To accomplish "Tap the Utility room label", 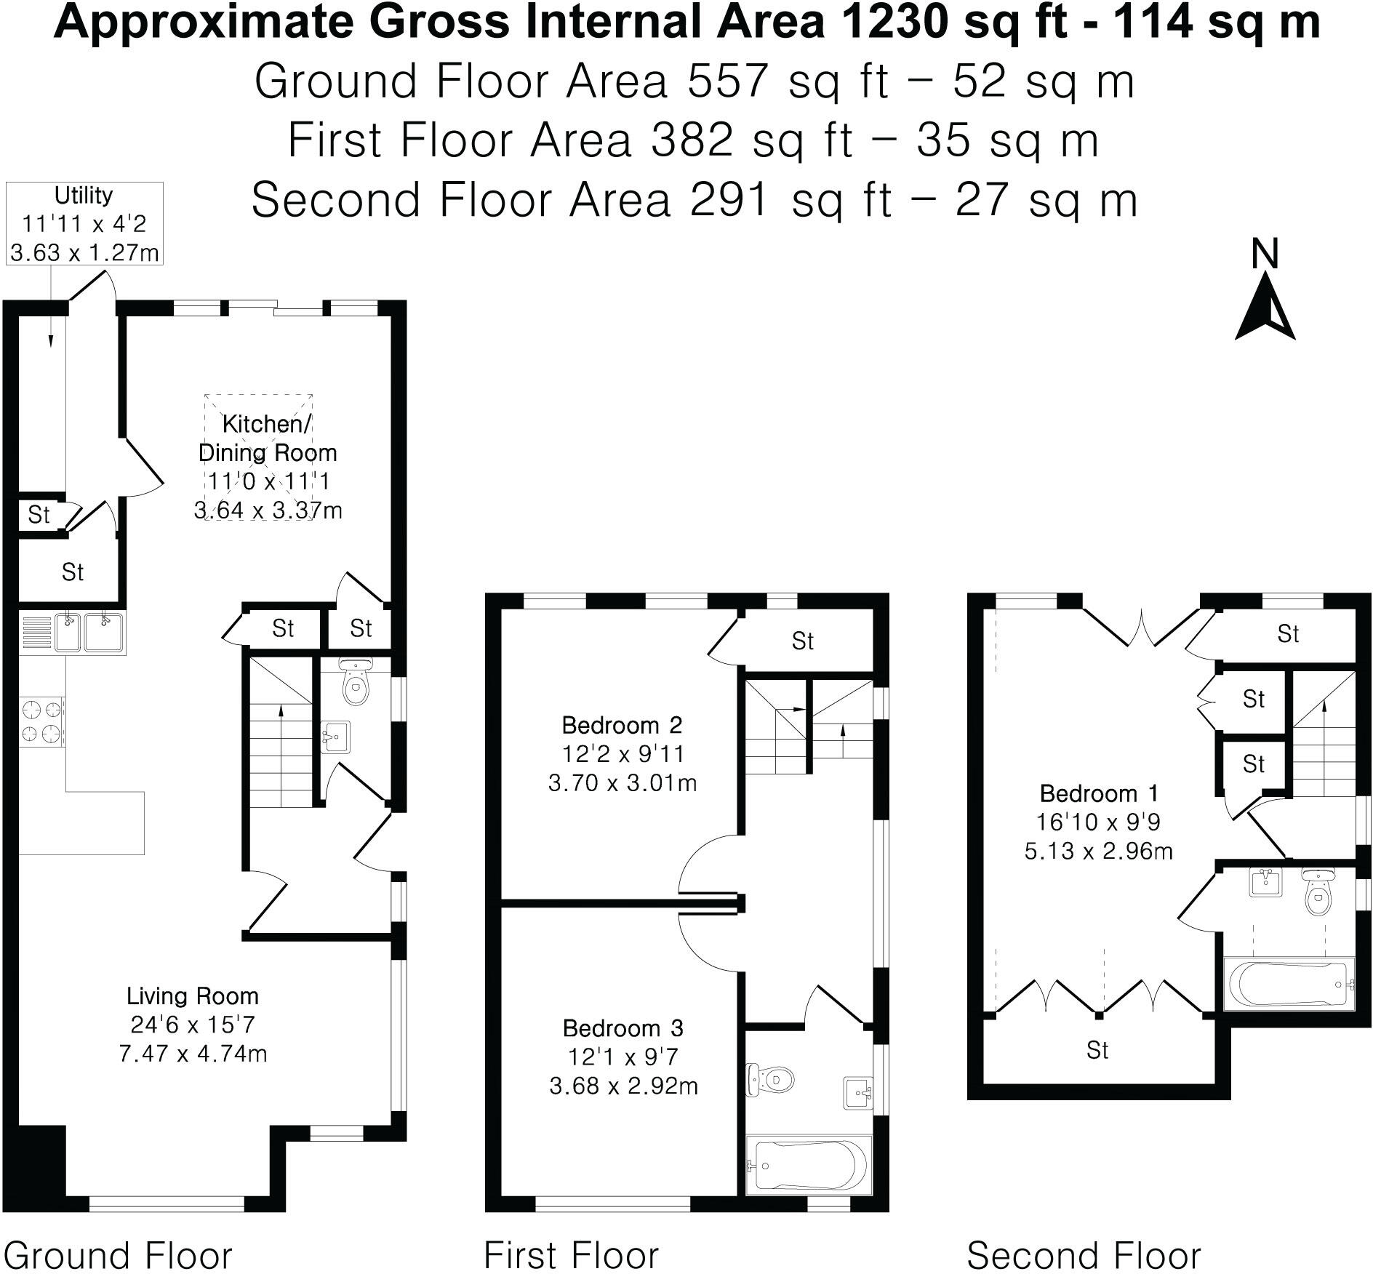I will pyautogui.click(x=84, y=195).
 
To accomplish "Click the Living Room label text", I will pyautogui.click(x=193, y=995).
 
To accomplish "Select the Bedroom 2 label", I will pyautogui.click(x=622, y=725).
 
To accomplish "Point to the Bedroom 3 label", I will pyautogui.click(x=623, y=1027).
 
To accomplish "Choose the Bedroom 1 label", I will pyautogui.click(x=1099, y=793).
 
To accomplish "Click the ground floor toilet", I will pyautogui.click(x=356, y=681).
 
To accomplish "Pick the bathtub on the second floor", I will pyautogui.click(x=1289, y=984).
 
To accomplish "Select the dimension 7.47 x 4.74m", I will pyautogui.click(x=193, y=1054).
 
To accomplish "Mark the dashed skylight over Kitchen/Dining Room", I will pyautogui.click(x=260, y=457).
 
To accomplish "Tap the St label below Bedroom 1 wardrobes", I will pyautogui.click(x=1097, y=1050).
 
